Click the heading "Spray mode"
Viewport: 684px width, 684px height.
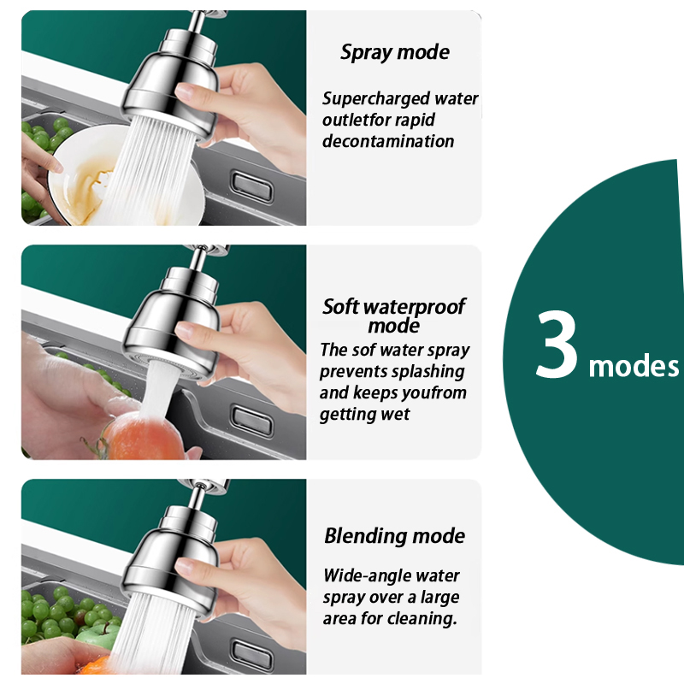395,52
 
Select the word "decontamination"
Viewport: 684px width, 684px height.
388,141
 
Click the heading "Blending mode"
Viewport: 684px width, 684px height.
395,536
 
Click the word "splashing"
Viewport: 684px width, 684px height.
429,372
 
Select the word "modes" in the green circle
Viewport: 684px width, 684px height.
634,367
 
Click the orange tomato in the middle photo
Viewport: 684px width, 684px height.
144,439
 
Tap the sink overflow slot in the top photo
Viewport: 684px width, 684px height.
252,186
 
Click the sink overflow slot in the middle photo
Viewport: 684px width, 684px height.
252,421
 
